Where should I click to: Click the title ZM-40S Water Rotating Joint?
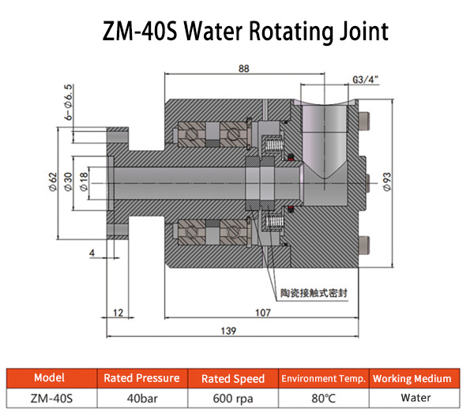tap(245, 31)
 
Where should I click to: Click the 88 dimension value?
tap(244, 68)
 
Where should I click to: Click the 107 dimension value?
tap(264, 312)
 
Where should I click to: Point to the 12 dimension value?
tap(118, 313)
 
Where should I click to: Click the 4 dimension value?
tap(92, 253)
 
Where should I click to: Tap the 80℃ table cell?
tap(323, 399)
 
